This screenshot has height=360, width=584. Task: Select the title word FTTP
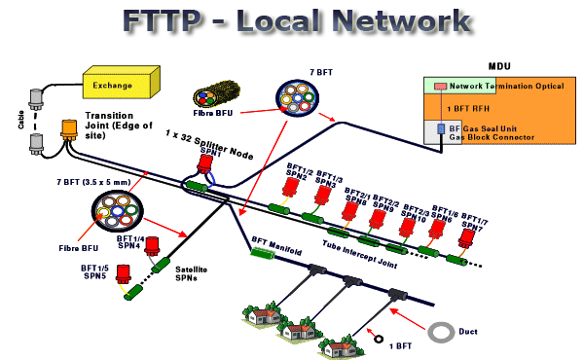point(186,22)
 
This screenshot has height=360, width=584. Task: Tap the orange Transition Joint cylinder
point(69,130)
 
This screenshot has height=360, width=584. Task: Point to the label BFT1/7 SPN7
point(475,222)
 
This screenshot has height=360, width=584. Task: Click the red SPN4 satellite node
point(153,248)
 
